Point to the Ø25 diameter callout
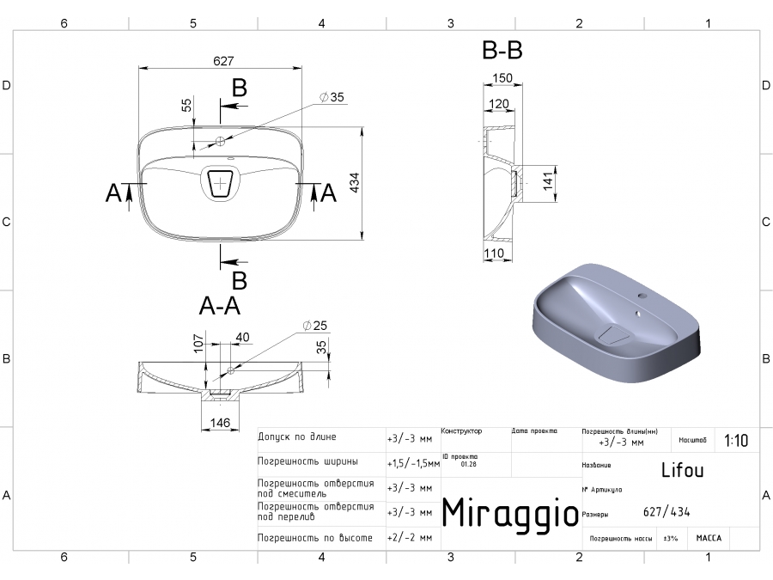coord(316,326)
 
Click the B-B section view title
coord(502,52)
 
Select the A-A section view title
coord(219,306)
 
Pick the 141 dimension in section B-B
coord(546,182)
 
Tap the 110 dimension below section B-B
coord(494,253)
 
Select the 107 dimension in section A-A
coord(198,343)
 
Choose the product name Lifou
coord(682,471)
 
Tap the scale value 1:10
coord(736,441)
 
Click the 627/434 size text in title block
coord(666,513)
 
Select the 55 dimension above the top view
coord(186,106)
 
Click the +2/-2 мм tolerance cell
coord(410,537)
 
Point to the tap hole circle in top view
coord(221,141)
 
